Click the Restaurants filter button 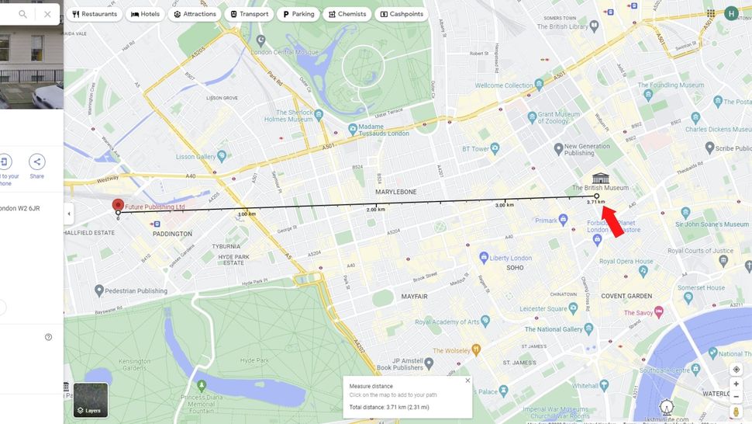(95, 14)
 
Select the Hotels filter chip (146, 14)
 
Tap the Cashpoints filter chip (402, 14)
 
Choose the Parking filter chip (298, 14)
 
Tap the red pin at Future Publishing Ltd (118, 206)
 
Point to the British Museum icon (600, 178)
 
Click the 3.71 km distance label (595, 202)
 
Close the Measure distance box (467, 381)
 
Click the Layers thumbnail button (91, 400)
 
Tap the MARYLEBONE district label (395, 191)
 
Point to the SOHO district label (514, 267)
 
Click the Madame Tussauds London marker (353, 129)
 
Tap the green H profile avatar (731, 13)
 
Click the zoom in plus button (736, 384)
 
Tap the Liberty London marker (484, 257)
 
